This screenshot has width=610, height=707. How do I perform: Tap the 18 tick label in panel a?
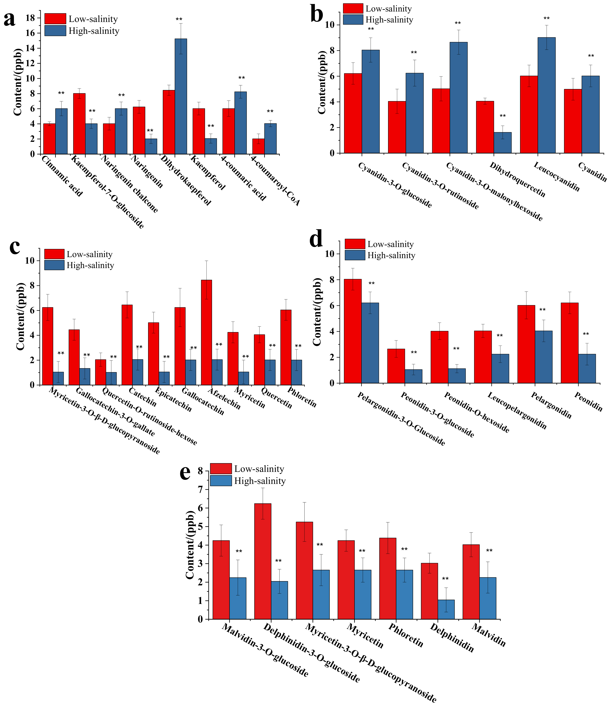coord(31,18)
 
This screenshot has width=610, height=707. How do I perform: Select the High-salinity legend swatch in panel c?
coord(54,265)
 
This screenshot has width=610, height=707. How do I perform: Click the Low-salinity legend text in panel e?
coord(259,469)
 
